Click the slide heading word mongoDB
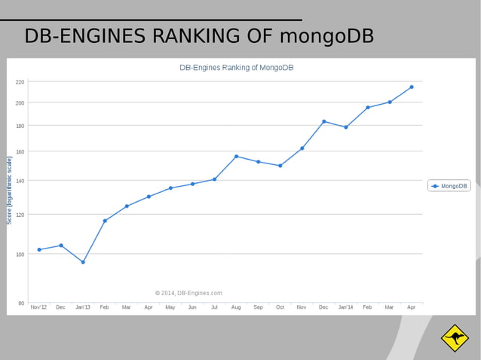tap(326, 36)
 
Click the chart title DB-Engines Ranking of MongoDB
tap(236, 68)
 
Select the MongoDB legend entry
tap(449, 185)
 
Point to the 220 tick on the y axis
tap(20, 81)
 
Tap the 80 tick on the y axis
tap(21, 303)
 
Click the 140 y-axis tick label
tap(20, 181)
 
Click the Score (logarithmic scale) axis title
tap(10, 190)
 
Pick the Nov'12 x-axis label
tap(38, 308)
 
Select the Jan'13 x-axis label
tap(82, 308)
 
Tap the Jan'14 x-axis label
tap(345, 308)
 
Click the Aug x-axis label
tap(236, 308)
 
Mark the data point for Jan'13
tap(83, 262)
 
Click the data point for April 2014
tap(411, 87)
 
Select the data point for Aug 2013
tap(236, 157)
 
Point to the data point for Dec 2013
tap(323, 121)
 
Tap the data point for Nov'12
tap(39, 249)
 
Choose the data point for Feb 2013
tap(105, 221)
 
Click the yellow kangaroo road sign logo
tap(455, 338)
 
